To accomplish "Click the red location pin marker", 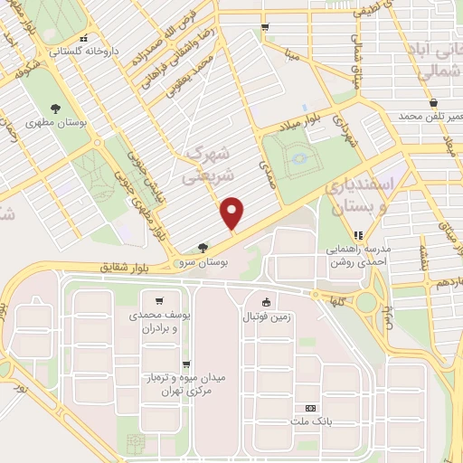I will point(233,214).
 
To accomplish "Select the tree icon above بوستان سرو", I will point(202,247).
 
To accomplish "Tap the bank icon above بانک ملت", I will point(311,409).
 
